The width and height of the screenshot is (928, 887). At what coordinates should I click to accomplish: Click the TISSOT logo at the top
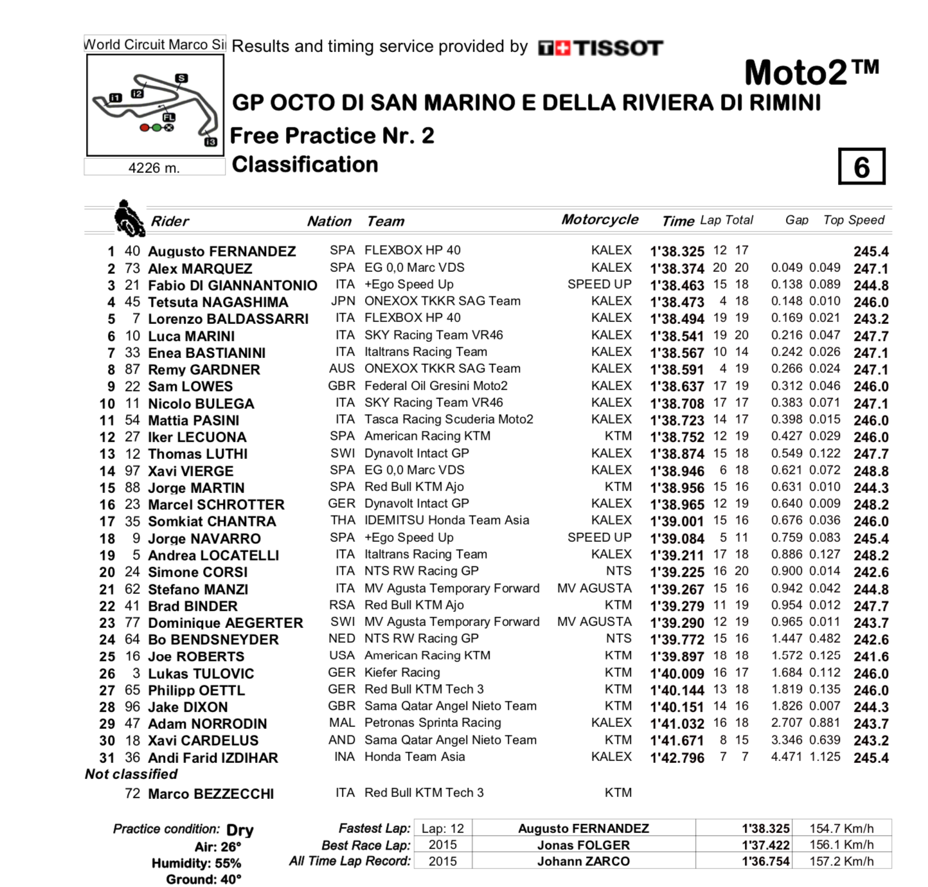[x=600, y=48]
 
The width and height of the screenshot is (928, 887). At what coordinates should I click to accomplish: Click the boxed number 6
[x=861, y=166]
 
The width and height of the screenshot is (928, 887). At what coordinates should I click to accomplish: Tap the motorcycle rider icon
[x=129, y=219]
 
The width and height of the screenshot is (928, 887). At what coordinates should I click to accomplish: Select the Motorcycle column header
[x=600, y=220]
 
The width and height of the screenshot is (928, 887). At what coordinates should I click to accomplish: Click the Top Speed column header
[x=853, y=220]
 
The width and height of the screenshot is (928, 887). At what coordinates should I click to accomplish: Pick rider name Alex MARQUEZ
[x=200, y=269]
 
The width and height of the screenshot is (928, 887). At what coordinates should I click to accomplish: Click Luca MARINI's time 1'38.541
[x=677, y=336]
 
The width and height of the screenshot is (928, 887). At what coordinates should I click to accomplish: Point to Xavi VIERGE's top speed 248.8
[x=871, y=471]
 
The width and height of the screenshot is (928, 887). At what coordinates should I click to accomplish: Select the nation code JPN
[x=343, y=301]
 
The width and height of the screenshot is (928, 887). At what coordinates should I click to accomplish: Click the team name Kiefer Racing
[x=402, y=673]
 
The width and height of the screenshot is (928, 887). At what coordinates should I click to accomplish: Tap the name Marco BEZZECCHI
[x=211, y=794]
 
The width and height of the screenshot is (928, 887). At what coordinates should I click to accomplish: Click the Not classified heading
[x=131, y=775]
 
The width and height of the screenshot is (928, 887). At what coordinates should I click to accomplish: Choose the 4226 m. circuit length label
[x=154, y=168]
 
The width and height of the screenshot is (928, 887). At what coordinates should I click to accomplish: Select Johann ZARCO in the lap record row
[x=583, y=861]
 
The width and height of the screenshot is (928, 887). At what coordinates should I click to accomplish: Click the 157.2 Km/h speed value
[x=841, y=861]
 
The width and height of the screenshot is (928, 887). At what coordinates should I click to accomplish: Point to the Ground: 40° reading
[x=204, y=879]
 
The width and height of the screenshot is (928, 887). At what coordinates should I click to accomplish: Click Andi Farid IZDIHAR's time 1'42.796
[x=677, y=758]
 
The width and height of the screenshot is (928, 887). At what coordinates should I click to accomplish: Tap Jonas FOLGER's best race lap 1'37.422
[x=765, y=845]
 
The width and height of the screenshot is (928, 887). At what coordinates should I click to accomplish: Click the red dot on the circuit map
[x=145, y=128]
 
